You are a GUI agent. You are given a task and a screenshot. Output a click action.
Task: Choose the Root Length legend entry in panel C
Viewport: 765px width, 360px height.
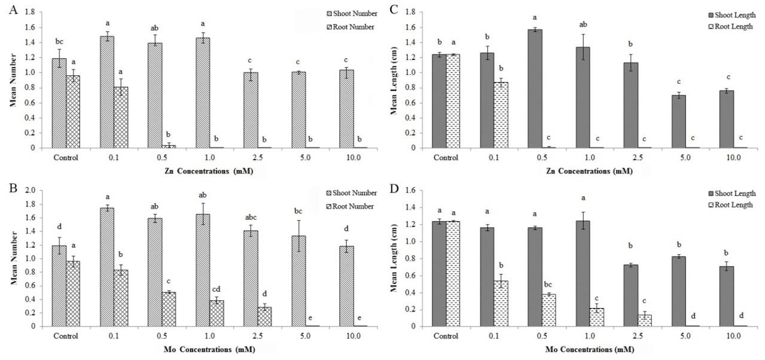coord(729,26)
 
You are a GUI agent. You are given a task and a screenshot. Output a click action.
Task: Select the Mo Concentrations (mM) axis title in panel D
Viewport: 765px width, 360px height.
coord(581,349)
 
